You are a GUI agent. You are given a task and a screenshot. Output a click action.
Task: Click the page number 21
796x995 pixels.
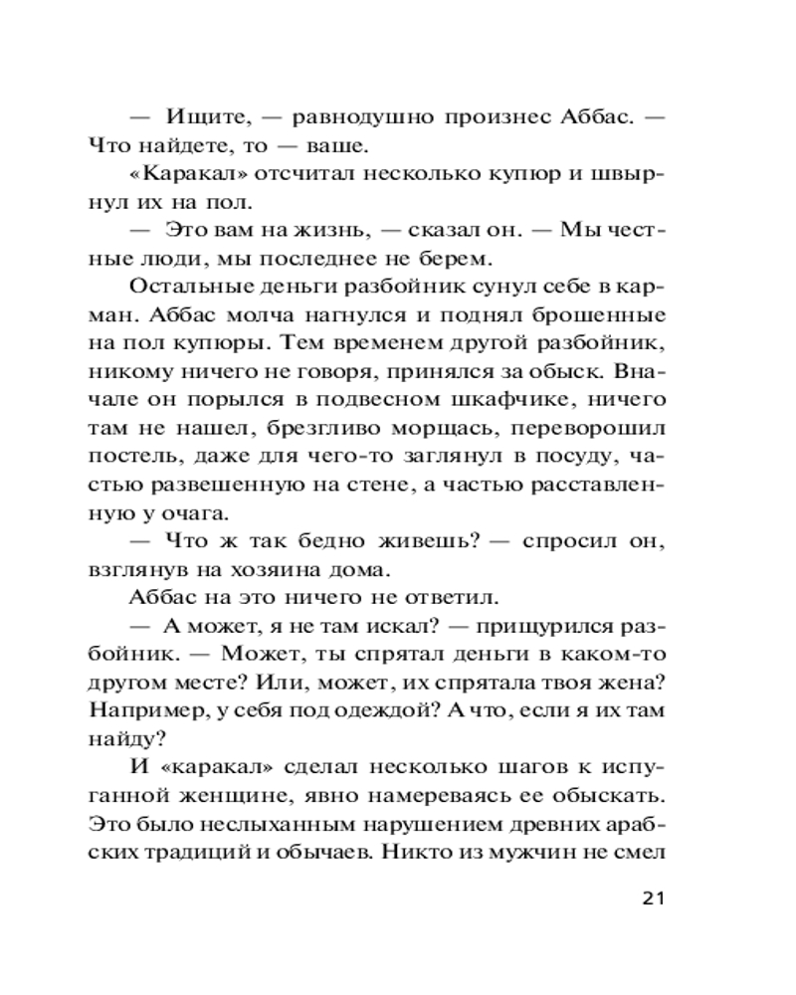648,898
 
